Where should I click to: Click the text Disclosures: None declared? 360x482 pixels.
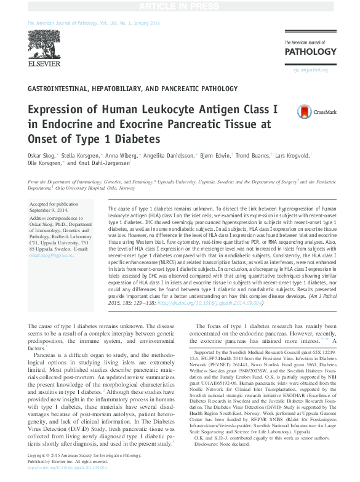(220, 461)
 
